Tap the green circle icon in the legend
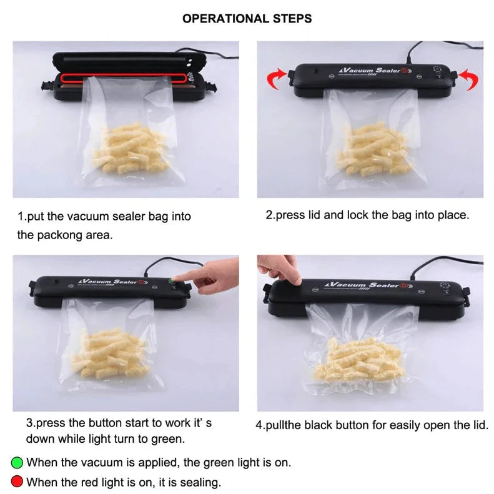click(x=17, y=463)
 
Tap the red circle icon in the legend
click(x=17, y=482)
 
